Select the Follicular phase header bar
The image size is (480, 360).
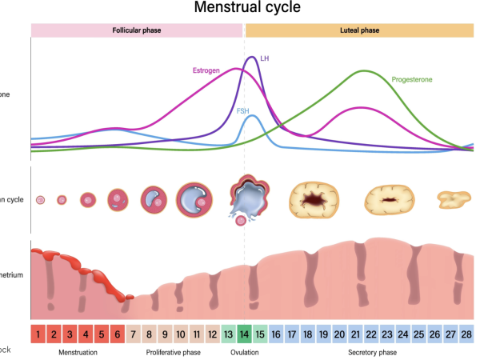click(x=137, y=30)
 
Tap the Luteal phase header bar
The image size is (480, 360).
click(x=359, y=30)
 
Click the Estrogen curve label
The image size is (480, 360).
click(x=206, y=70)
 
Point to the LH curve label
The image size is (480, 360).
click(x=265, y=58)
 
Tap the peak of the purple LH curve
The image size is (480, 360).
click(x=253, y=58)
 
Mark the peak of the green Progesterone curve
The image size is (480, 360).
click(x=364, y=71)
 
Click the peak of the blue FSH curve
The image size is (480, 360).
click(x=252, y=116)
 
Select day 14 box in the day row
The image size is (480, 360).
click(x=244, y=334)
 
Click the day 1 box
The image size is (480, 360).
click(x=38, y=334)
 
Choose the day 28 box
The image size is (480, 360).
click(x=466, y=334)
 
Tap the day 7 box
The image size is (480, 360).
click(x=134, y=334)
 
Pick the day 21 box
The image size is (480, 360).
click(x=355, y=334)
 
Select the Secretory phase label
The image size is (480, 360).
click(x=374, y=352)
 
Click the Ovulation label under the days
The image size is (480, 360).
click(x=245, y=352)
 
